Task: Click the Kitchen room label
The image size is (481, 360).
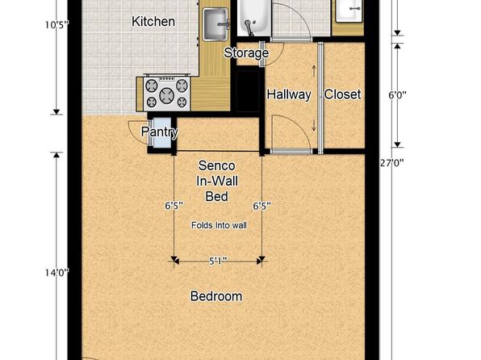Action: click(153, 22)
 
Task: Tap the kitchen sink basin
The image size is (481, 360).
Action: click(215, 24)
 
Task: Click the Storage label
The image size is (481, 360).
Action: click(246, 52)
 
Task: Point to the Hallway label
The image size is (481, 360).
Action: click(289, 94)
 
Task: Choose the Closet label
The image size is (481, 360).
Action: click(342, 94)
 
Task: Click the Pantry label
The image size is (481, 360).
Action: click(160, 132)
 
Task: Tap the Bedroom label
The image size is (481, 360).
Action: click(216, 296)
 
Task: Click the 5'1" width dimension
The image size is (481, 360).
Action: click(218, 262)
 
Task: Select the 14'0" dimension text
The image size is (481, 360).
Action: click(57, 273)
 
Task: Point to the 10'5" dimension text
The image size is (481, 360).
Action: click(57, 25)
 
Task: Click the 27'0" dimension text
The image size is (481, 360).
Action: click(391, 163)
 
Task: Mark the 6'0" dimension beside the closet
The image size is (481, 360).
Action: click(398, 95)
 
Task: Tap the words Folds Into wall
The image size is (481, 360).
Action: click(219, 225)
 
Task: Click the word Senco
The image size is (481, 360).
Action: click(217, 165)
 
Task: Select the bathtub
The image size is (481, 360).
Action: click(253, 18)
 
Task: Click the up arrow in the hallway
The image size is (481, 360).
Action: click(314, 71)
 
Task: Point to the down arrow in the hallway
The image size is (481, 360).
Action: click(314, 125)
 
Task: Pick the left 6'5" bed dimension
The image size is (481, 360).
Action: click(174, 206)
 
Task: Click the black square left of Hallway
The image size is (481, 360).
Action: click(248, 91)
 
